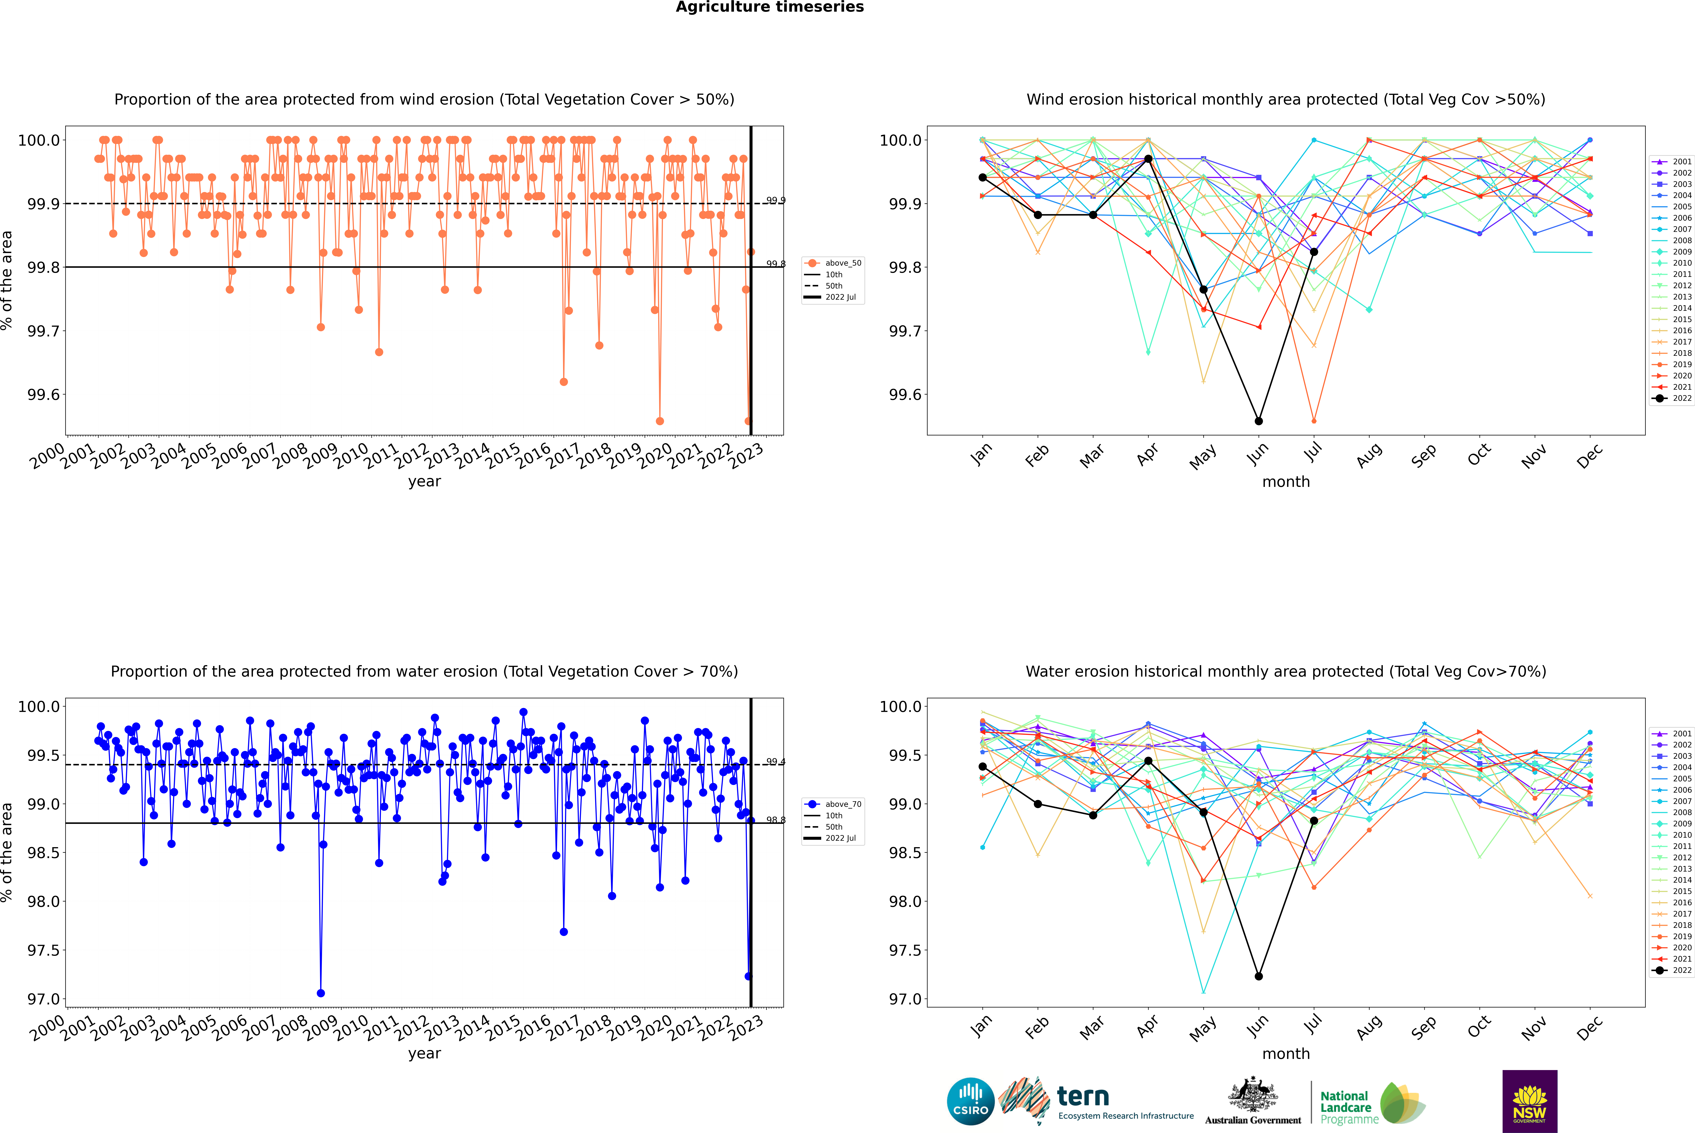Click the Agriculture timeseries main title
pos(769,7)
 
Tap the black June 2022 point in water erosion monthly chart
pos(1259,976)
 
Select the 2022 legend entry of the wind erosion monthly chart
pos(1673,398)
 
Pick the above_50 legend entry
pos(833,263)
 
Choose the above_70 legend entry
pos(833,804)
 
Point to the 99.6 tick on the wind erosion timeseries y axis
pos(43,395)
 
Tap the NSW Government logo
pos(1529,1101)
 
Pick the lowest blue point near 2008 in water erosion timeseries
pos(321,993)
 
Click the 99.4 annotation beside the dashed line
pos(775,762)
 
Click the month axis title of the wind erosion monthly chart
pos(1285,482)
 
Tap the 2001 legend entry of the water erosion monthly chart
pos(1673,733)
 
